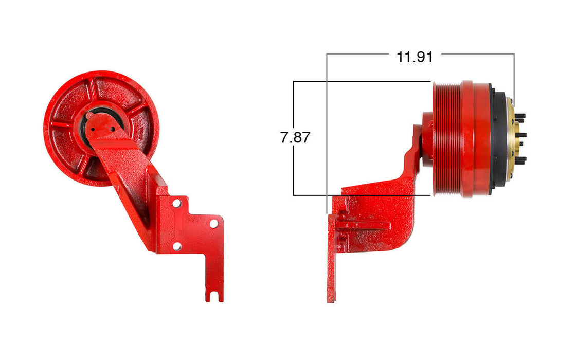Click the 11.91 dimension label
[x=415, y=57]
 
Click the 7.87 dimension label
[x=295, y=138]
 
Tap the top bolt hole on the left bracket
[x=176, y=203]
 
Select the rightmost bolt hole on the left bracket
[x=213, y=224]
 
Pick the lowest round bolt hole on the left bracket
[x=176, y=247]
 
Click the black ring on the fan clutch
[x=497, y=139]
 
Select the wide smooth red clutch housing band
[x=476, y=139]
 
